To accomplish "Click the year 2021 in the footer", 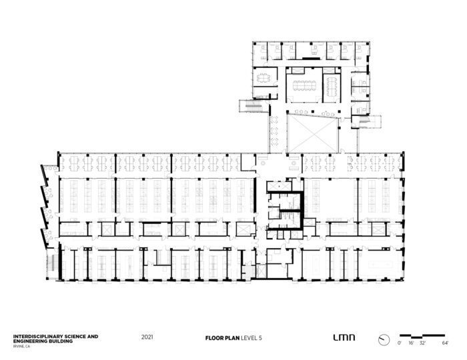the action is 147,337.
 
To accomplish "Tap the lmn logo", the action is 344,337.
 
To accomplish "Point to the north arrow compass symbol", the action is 384,339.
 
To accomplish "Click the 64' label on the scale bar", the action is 445,343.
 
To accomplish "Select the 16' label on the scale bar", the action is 411,343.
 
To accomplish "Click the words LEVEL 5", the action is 252,338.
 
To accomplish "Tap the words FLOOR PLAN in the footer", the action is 222,338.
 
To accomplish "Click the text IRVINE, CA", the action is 21,346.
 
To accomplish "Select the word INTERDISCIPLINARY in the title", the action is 36,337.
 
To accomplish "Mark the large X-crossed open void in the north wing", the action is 312,134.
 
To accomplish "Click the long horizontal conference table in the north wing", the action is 304,85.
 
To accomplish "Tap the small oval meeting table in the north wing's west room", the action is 263,78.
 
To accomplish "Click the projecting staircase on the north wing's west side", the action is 254,106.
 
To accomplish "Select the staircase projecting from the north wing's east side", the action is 367,122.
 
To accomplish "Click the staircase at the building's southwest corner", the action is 53,263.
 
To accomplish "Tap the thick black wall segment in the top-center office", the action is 312,58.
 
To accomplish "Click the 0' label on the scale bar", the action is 400,343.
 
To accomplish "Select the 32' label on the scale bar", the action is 422,343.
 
